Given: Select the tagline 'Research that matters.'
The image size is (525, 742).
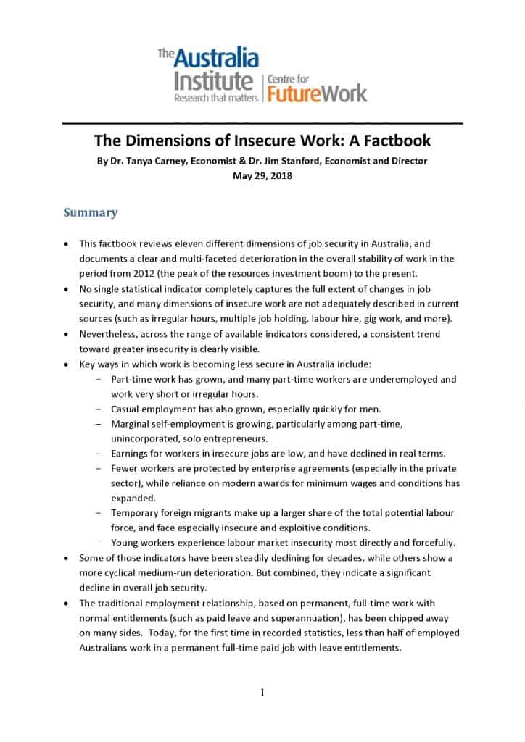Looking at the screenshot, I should [215, 98].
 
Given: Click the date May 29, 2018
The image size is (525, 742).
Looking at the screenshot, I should [262, 175].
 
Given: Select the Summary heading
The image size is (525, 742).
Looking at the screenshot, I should [90, 213].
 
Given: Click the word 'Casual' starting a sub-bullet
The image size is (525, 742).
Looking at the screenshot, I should [126, 409].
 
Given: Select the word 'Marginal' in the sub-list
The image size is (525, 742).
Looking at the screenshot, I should [131, 423].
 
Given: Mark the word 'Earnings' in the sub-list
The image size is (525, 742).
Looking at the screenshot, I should [131, 454].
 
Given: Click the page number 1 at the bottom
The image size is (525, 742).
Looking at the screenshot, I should [262, 693].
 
